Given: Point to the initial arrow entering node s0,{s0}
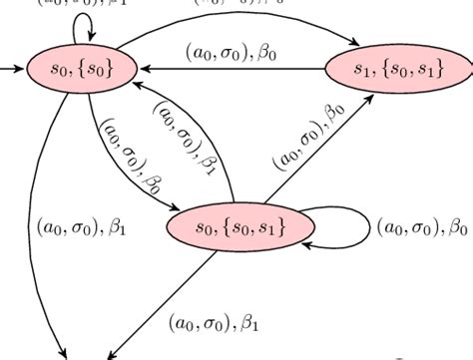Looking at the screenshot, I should point(15,70).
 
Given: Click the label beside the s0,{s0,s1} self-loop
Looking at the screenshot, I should point(422,228).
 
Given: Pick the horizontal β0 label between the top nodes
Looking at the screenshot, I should point(232,51).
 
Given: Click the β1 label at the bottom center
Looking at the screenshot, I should point(214,322).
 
